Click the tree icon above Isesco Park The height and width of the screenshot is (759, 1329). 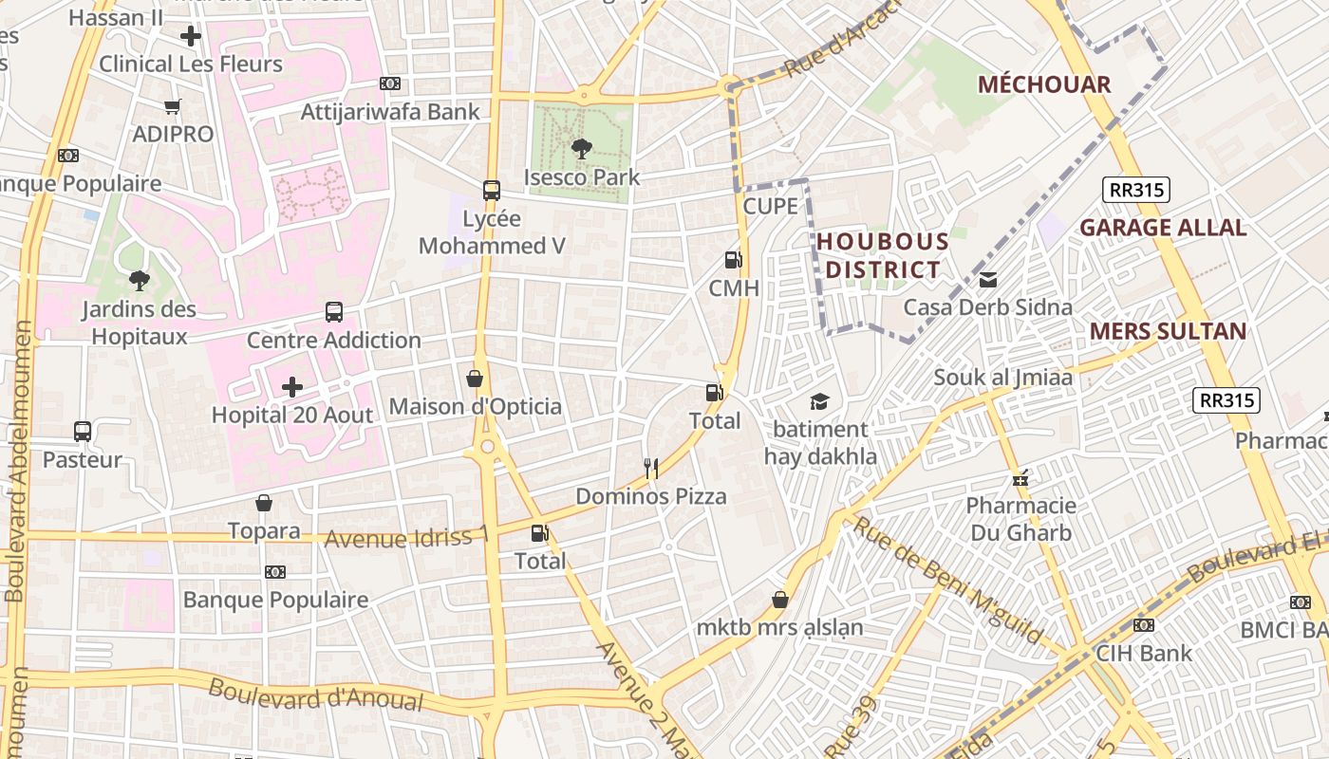coord(581,148)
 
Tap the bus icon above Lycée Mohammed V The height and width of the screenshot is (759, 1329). coord(491,190)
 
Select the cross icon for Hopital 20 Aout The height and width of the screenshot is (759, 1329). coord(292,387)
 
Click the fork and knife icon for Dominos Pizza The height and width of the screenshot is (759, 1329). coord(651,468)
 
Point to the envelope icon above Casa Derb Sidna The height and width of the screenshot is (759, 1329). coord(988,280)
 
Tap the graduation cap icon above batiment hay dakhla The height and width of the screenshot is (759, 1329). coord(819,401)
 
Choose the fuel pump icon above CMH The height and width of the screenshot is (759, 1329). coord(733,259)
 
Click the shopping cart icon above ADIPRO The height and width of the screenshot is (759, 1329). coord(172,106)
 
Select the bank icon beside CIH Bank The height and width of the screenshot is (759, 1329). coord(1144,625)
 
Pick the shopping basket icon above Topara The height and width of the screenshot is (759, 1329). coord(264,503)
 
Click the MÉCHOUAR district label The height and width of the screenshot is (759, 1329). coord(1044,84)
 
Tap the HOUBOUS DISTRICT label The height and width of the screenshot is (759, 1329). coord(883,256)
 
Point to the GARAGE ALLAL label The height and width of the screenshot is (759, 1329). coord(1163,228)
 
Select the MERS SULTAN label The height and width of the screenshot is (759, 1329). coord(1168,331)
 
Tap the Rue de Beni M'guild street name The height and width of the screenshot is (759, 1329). coord(949,580)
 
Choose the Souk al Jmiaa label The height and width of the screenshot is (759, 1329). coord(1003,378)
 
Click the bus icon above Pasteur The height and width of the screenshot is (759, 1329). coord(83,432)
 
